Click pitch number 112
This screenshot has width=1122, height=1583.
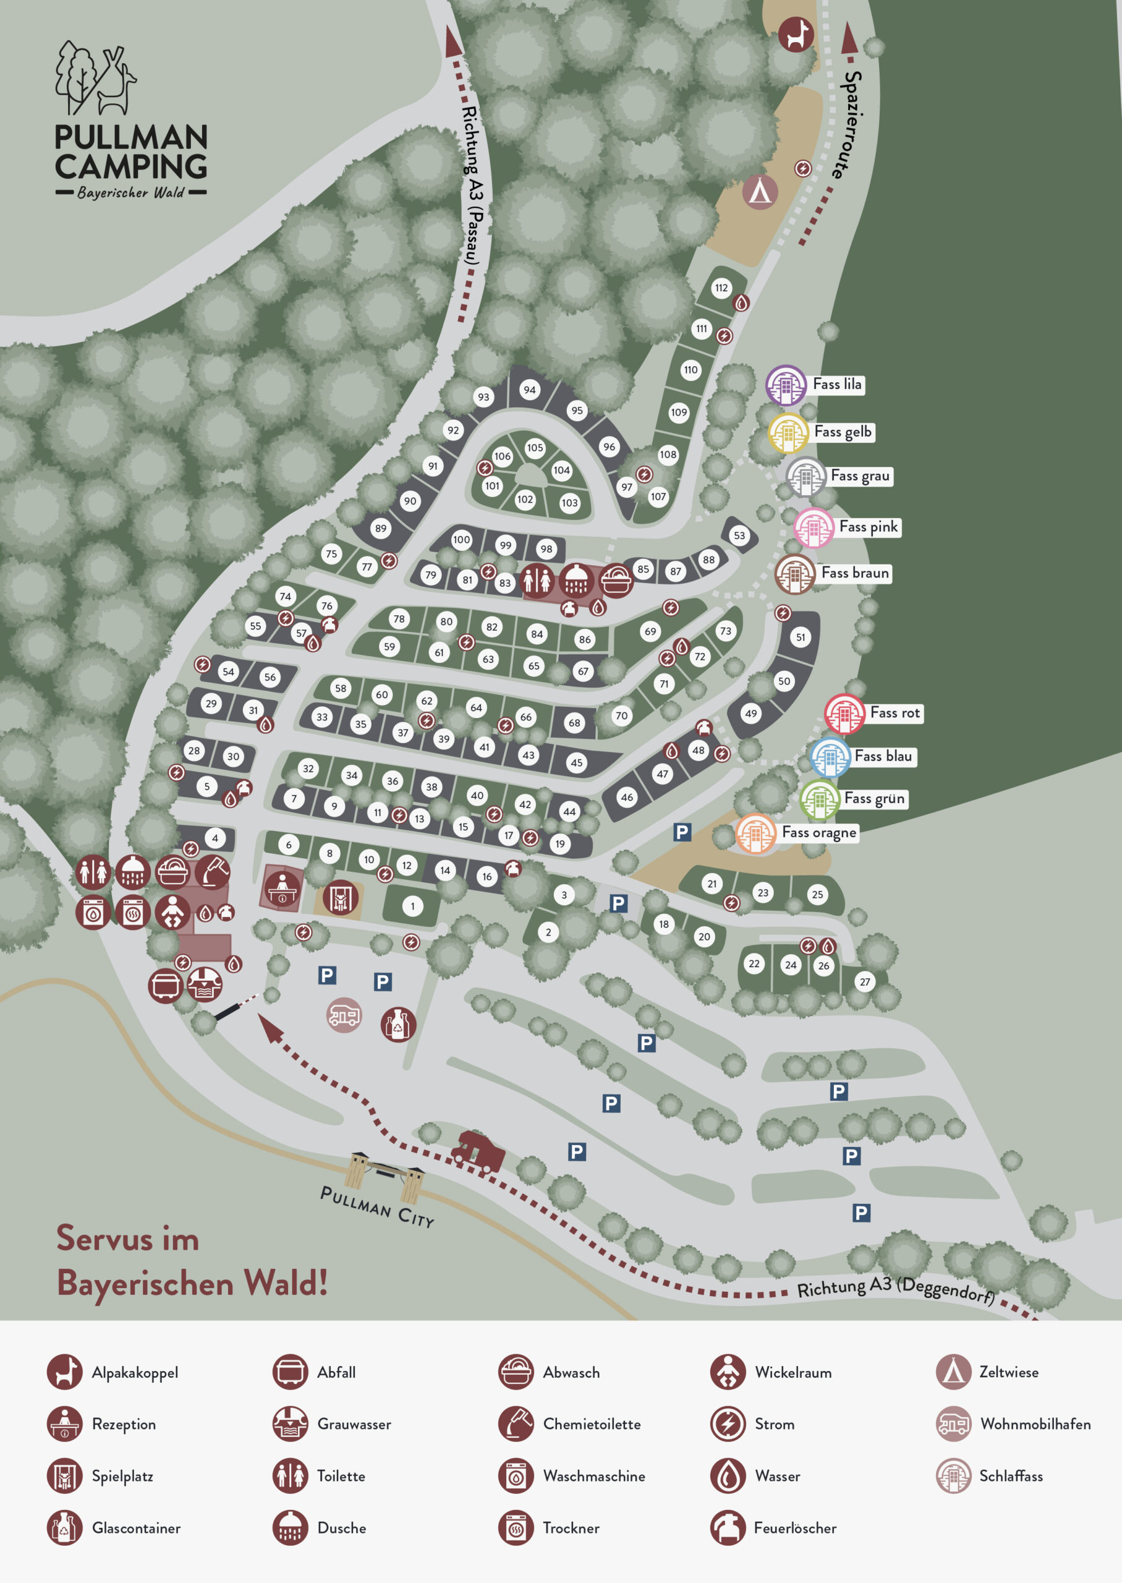tap(721, 288)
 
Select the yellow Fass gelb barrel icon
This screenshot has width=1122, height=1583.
tap(788, 433)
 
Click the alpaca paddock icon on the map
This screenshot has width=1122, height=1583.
tap(796, 34)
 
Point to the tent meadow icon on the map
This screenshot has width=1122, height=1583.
tap(760, 192)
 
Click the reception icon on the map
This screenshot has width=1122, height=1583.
tap(282, 888)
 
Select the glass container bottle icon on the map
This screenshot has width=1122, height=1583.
tap(398, 1023)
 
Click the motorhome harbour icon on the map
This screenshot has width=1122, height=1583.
tap(343, 1015)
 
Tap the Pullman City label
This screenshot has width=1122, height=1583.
tap(377, 1206)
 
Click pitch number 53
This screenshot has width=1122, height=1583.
tap(739, 535)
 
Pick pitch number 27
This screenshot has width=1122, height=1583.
tap(864, 981)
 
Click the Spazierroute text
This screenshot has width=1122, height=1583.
tap(851, 124)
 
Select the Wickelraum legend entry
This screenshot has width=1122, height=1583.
tap(793, 1372)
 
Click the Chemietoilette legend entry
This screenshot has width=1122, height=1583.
tap(591, 1424)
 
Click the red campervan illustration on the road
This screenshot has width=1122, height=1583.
tap(478, 1152)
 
